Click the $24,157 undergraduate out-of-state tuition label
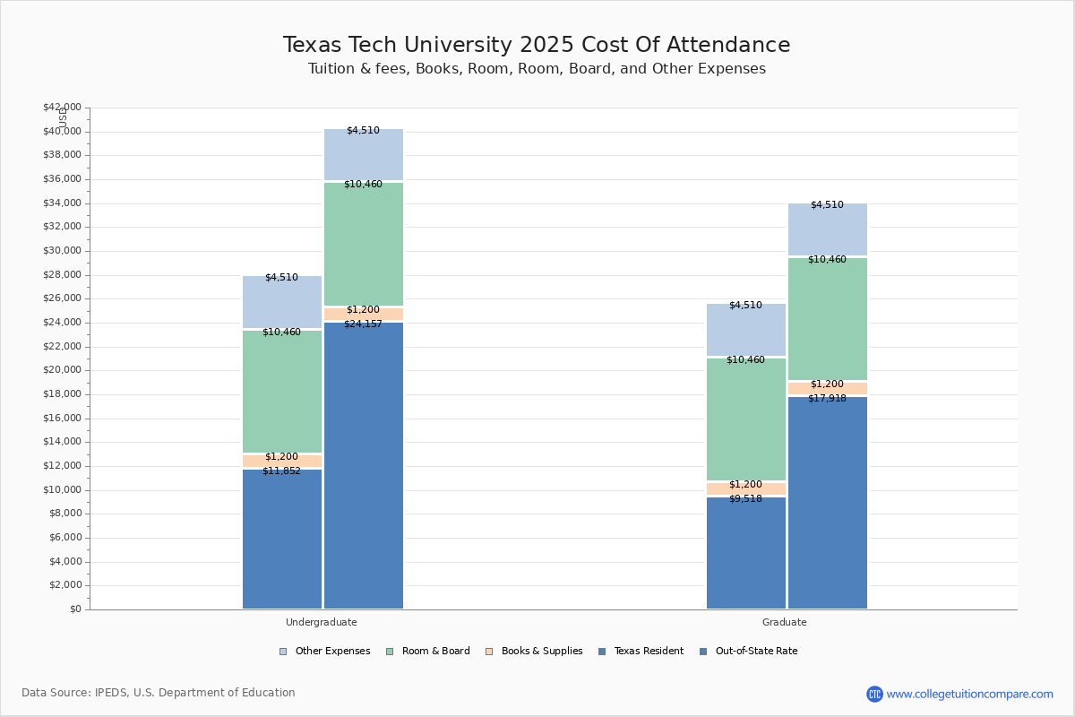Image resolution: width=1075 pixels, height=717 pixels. [x=363, y=324]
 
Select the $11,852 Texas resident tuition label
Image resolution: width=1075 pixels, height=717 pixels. [x=281, y=471]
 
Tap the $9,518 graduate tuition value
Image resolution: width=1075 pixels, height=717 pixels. [x=745, y=499]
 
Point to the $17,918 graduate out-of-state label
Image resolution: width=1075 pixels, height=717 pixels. [x=827, y=399]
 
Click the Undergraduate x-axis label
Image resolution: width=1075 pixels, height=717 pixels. [x=321, y=622]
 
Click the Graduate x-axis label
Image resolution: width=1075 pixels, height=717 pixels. [x=785, y=622]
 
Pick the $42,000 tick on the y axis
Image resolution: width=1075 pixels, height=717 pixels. [x=62, y=108]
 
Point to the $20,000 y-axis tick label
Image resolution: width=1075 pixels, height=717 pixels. [x=62, y=370]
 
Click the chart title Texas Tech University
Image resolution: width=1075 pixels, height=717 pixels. [x=537, y=46]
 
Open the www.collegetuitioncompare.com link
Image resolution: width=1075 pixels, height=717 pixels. [x=969, y=694]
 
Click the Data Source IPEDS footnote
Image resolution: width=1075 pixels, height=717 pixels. [x=159, y=693]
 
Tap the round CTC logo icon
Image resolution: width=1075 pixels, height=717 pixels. [x=874, y=694]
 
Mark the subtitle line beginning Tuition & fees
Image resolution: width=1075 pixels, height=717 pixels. [x=537, y=69]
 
